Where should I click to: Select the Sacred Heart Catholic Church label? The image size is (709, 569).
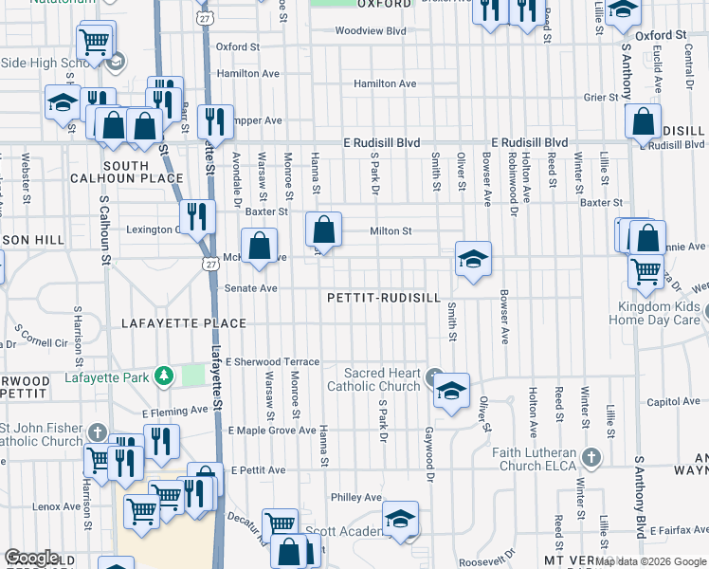tap(373, 379)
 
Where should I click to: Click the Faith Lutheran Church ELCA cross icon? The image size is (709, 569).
tap(591, 458)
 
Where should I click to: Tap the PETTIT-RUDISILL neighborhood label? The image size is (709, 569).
tap(384, 297)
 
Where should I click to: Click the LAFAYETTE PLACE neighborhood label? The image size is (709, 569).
tap(184, 323)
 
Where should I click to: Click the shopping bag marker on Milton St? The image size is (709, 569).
tap(324, 230)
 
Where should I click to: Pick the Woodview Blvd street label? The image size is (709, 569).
tap(377, 30)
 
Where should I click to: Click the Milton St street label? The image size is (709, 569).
tap(391, 230)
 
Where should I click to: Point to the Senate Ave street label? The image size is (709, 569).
tap(250, 288)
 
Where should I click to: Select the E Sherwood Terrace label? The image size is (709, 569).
tap(273, 362)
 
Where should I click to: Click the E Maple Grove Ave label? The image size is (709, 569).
tap(271, 431)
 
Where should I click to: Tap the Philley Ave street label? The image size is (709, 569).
tap(356, 498)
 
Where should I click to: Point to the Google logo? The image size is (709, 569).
tap(31, 558)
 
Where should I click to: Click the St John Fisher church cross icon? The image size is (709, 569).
tap(97, 432)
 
